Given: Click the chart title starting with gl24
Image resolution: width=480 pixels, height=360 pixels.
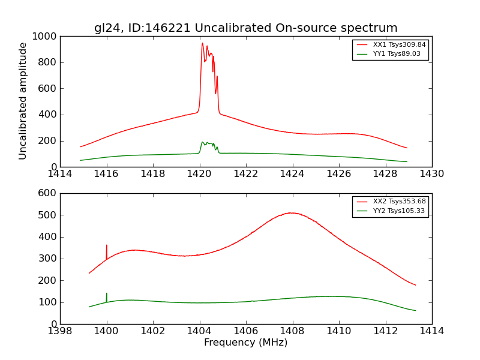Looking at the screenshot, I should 245,28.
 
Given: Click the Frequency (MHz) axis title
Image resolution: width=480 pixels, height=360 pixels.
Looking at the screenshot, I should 245,343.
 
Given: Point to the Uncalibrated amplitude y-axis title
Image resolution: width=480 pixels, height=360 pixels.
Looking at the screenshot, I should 23,101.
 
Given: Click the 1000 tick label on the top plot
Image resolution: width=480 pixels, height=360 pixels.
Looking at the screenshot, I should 45,37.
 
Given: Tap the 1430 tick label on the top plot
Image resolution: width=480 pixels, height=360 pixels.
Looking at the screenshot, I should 431,174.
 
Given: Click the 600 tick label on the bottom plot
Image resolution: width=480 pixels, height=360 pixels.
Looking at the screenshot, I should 49,193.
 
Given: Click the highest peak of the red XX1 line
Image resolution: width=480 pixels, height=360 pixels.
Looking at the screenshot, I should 202,43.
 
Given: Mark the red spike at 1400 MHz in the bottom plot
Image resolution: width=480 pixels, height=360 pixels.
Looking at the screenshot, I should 107,246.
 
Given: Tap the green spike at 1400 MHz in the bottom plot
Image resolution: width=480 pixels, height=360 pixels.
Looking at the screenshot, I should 107,294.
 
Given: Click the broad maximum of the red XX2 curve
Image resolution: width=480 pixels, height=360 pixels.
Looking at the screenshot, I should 291,212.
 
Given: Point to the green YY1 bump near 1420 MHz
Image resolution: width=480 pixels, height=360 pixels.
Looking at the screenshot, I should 203,142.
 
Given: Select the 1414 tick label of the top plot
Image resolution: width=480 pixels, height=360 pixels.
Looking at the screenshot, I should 60,174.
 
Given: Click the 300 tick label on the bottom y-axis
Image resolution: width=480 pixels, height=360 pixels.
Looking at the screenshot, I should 49,259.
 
